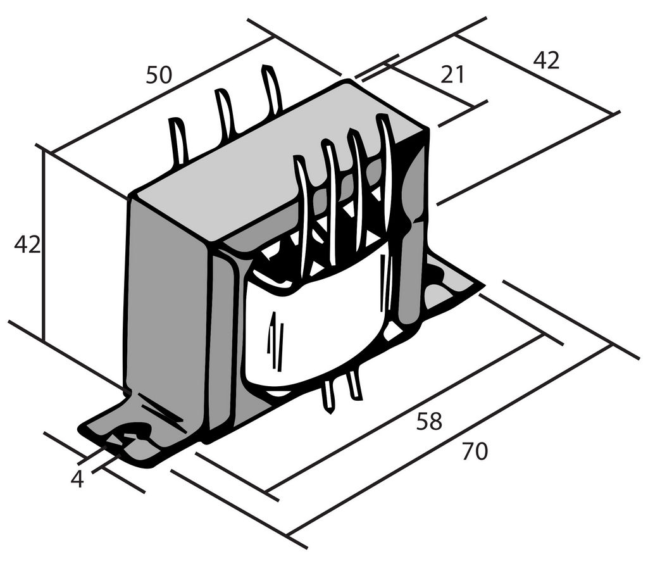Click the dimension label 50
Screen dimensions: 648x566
158,75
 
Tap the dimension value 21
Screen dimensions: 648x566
452,75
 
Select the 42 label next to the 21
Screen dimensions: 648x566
546,60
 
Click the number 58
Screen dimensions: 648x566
429,421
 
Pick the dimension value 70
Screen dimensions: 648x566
475,451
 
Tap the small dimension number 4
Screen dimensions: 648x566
77,479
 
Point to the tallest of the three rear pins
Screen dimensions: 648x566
272,89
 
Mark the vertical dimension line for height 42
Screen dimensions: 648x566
42,246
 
